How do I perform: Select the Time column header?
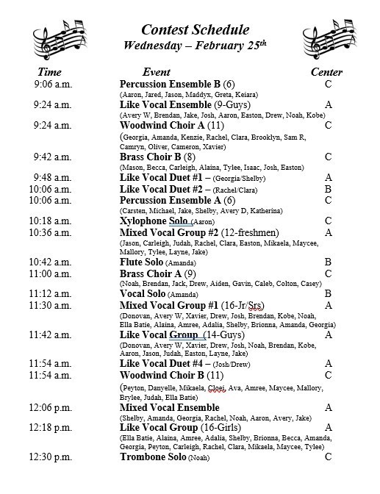[x=49, y=72]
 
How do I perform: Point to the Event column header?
[x=156, y=72]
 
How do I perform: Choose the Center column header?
[x=326, y=72]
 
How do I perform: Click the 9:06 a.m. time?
[x=52, y=85]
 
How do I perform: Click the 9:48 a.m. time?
[x=52, y=177]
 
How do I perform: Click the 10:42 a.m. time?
[x=51, y=262]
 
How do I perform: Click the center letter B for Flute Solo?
[x=329, y=262]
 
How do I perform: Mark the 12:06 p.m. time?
[x=51, y=407]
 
